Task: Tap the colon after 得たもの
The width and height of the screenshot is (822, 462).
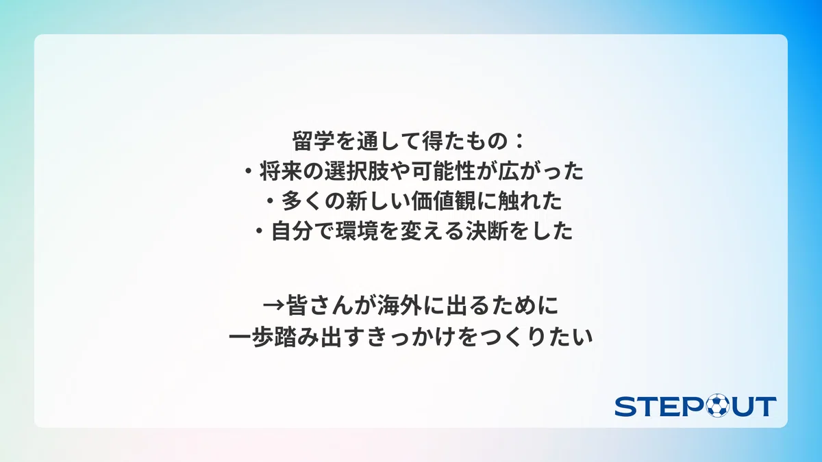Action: [519, 142]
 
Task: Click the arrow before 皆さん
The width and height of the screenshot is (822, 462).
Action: [274, 305]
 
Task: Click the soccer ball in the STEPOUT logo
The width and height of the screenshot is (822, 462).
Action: [718, 405]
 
